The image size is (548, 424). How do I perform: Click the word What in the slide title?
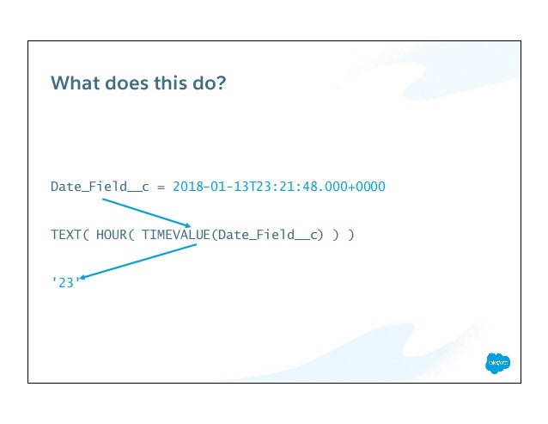[x=72, y=83]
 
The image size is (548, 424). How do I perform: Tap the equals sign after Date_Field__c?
[x=160, y=186]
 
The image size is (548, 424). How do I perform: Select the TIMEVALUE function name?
[x=170, y=234]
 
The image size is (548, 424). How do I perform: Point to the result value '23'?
[x=64, y=282]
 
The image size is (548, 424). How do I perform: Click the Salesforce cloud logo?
[x=497, y=364]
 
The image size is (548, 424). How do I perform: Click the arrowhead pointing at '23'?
[x=85, y=276]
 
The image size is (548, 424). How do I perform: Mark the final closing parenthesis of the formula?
[x=350, y=234]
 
